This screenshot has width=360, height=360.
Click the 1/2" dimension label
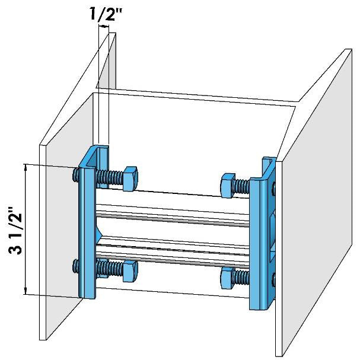click(106, 15)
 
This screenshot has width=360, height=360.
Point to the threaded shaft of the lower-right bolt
click(243, 278)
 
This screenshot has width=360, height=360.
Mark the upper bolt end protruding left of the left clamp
click(75, 174)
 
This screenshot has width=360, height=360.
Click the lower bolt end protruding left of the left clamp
click(75, 266)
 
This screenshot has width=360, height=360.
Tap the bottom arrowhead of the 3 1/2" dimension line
click(26, 291)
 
